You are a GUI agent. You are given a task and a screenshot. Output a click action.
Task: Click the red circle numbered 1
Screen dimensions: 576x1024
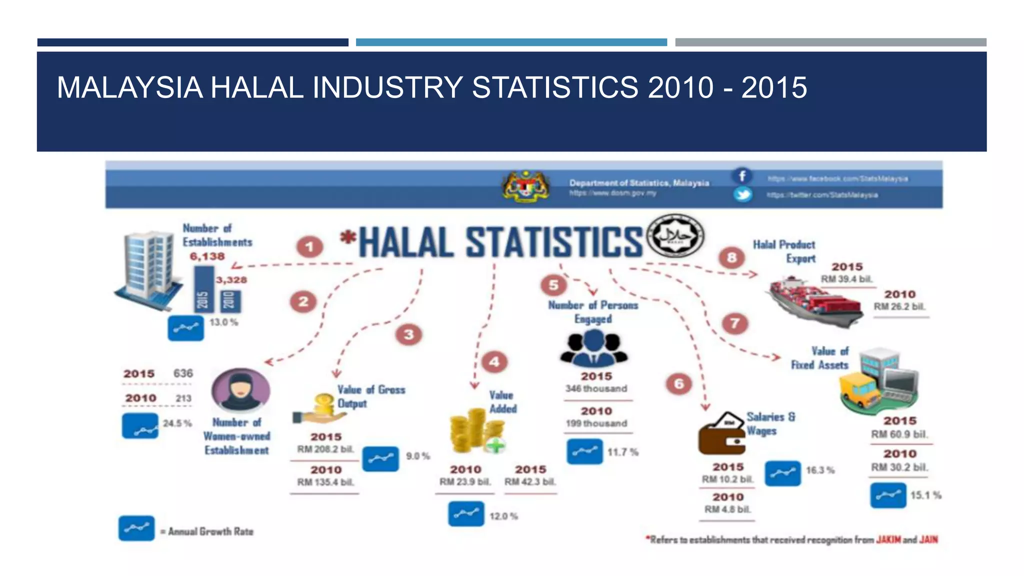309,247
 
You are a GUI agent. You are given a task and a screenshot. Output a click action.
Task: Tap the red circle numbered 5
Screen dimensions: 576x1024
553,285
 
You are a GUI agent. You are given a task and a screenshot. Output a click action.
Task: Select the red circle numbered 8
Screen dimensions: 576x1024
731,257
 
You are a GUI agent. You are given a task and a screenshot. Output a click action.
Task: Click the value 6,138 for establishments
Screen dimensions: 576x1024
207,256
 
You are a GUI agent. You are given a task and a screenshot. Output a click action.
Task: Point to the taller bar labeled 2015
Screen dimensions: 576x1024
203,289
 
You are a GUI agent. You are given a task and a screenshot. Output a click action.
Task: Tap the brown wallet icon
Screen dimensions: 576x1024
721,434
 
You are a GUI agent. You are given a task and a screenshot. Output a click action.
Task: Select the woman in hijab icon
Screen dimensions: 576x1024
240,390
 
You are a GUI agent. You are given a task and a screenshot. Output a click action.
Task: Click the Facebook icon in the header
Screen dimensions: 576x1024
742,176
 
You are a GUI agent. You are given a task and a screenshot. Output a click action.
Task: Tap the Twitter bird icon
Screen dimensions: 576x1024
742,194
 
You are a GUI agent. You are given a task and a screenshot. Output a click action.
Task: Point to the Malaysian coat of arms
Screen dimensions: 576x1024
525,186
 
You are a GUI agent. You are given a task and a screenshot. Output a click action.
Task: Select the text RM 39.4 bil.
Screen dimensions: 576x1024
846,279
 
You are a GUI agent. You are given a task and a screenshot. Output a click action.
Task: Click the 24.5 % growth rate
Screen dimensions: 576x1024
177,423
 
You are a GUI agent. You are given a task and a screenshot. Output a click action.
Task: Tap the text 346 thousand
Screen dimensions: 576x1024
596,388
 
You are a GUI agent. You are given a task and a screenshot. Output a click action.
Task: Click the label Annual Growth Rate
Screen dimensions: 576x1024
210,531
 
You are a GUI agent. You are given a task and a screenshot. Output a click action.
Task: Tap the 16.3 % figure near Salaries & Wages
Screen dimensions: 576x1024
819,470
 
